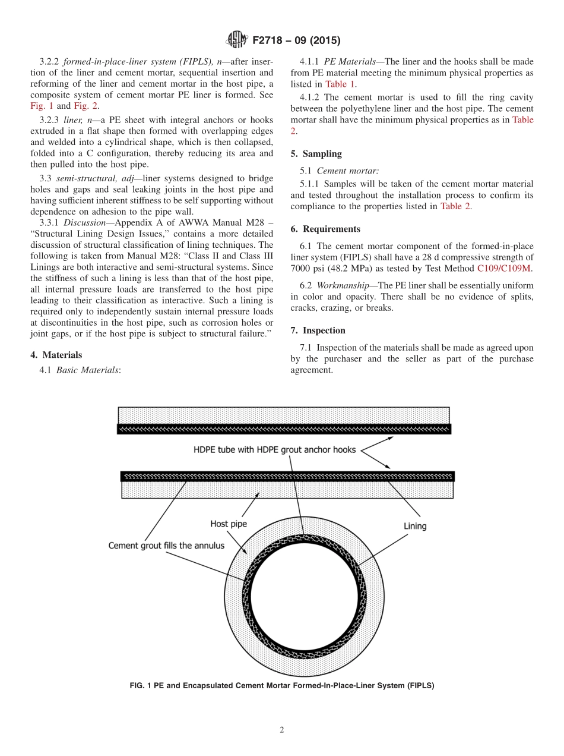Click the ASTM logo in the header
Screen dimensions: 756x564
[237, 41]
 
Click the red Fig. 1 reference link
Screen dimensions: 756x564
[42, 106]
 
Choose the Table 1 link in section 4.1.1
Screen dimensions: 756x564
[340, 84]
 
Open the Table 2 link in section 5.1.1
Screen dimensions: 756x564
[455, 206]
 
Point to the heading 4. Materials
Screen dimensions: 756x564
[56, 355]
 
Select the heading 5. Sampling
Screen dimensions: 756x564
[316, 153]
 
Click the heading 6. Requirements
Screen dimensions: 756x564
[325, 229]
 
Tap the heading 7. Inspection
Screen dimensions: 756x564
[318, 330]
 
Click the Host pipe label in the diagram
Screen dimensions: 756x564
[229, 524]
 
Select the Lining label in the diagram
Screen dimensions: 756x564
[415, 526]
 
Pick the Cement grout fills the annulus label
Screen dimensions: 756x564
[166, 545]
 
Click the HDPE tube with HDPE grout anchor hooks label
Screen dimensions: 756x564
[275, 449]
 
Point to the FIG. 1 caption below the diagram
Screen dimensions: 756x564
[282, 685]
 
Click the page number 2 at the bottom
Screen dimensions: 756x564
[282, 730]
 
